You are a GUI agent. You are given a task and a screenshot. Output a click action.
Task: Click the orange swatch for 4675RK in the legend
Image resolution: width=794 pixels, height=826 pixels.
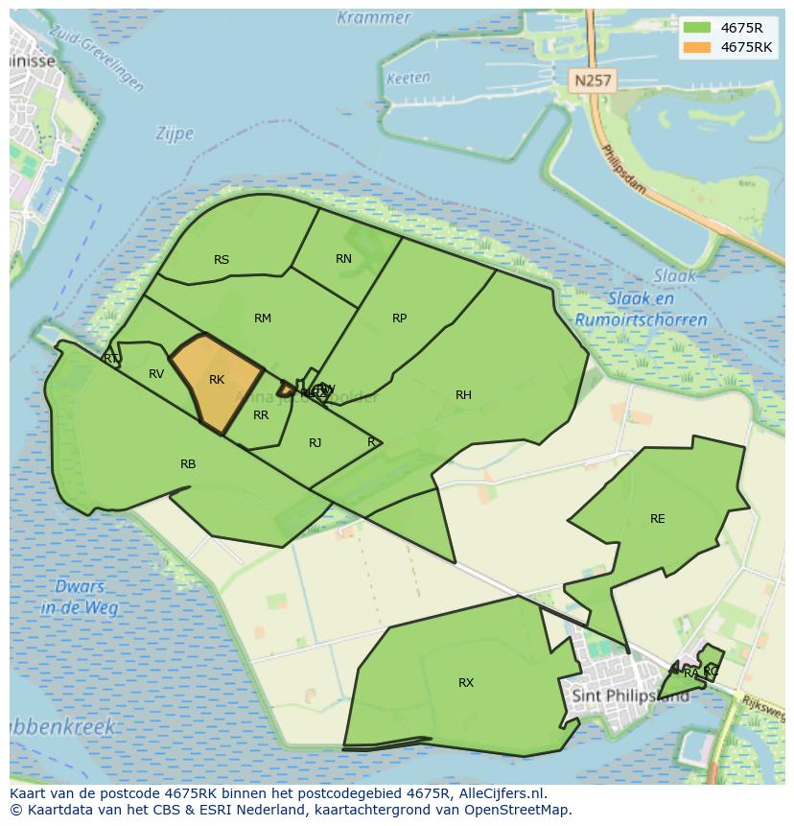click(x=697, y=47)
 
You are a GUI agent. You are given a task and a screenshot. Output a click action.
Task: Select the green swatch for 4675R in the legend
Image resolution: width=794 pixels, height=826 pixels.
click(x=697, y=27)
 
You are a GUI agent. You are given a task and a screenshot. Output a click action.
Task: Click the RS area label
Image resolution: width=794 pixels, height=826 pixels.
click(x=222, y=259)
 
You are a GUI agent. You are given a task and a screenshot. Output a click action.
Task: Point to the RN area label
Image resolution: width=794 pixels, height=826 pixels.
click(x=343, y=258)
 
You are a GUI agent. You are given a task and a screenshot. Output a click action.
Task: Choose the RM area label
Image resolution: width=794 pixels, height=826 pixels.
click(x=263, y=318)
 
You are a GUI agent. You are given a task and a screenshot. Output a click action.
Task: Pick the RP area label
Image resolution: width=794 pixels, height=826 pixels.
click(x=399, y=318)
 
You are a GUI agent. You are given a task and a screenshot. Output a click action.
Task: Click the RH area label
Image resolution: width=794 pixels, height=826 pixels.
click(x=463, y=394)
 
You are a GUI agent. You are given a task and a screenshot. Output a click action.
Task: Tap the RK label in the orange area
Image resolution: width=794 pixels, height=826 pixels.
click(x=217, y=380)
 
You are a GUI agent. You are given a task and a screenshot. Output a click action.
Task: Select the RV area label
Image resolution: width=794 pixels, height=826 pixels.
click(x=156, y=373)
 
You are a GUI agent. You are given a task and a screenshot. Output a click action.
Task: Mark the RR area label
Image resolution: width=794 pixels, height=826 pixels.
click(x=261, y=415)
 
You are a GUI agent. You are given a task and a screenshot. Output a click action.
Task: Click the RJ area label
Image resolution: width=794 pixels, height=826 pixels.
click(x=315, y=442)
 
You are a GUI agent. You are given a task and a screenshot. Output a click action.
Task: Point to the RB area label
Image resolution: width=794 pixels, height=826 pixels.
click(x=188, y=463)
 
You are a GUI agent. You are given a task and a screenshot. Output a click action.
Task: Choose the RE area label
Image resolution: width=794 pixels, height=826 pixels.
click(x=657, y=518)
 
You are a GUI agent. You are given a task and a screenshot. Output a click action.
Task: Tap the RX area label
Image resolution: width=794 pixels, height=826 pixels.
click(x=466, y=682)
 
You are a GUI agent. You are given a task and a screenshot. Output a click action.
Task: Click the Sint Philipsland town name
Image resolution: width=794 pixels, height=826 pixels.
click(x=629, y=695)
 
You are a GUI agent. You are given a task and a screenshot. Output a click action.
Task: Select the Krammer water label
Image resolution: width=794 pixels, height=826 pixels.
click(x=374, y=17)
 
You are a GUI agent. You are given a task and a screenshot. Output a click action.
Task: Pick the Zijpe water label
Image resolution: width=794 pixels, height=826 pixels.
click(x=175, y=134)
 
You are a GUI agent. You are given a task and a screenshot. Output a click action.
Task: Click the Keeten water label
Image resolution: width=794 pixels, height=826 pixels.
click(x=408, y=79)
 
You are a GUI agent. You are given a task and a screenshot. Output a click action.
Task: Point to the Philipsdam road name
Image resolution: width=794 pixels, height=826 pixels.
click(x=623, y=173)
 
